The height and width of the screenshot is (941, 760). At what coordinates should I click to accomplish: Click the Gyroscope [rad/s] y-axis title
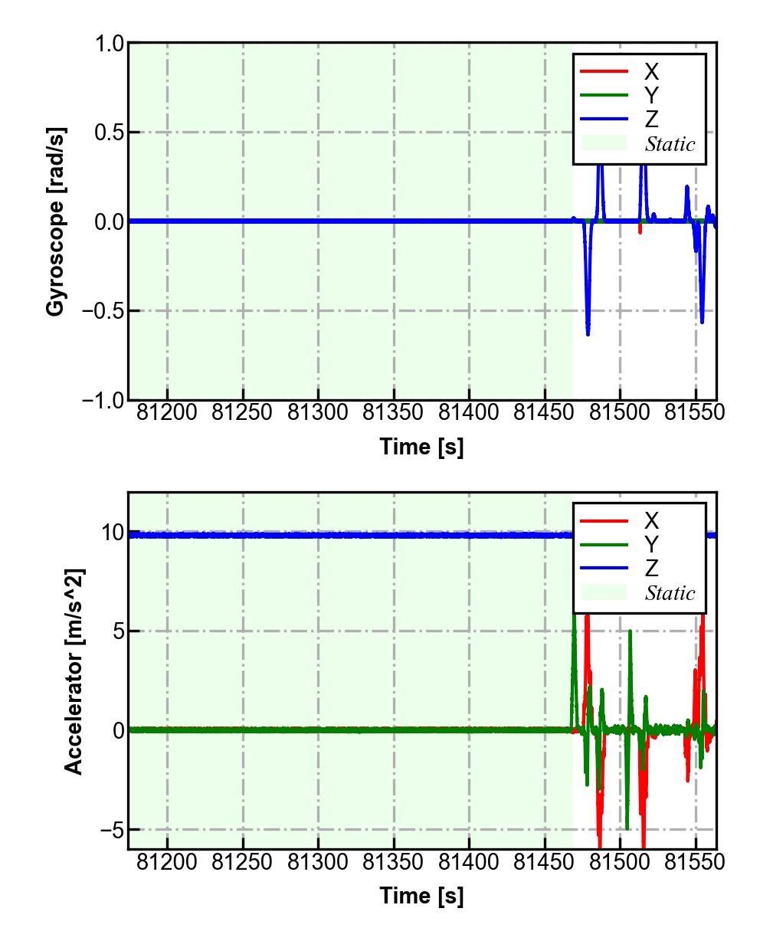[x=56, y=221]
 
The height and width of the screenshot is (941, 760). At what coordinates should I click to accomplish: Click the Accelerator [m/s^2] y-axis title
[x=74, y=671]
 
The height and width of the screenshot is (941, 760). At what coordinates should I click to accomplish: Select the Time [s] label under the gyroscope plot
[x=421, y=447]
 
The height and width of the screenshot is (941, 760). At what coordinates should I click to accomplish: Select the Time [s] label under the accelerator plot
[x=421, y=896]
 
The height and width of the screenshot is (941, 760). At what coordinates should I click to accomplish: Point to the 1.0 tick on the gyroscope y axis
[x=110, y=44]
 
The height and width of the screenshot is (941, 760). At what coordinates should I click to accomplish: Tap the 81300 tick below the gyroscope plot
[x=318, y=412]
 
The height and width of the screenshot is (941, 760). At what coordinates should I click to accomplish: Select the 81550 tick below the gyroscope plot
[x=695, y=412]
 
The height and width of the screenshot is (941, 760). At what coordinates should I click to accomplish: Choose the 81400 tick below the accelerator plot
[x=469, y=862]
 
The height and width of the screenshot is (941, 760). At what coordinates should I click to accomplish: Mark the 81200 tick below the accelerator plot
[x=167, y=862]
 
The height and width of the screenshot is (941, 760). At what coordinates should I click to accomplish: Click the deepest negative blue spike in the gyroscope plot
[x=588, y=333]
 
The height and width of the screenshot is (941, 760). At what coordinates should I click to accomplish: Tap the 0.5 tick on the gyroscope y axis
[x=110, y=133]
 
